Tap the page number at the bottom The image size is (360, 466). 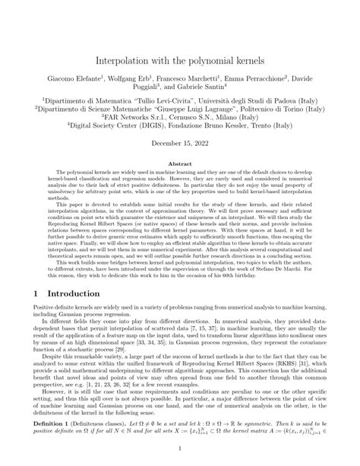(x=180, y=449)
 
